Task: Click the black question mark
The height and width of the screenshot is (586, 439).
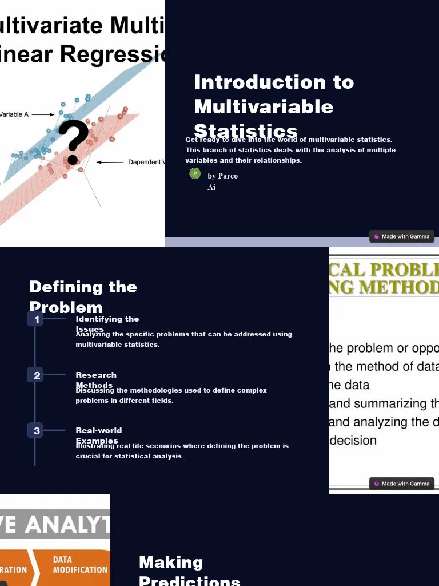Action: pyautogui.click(x=74, y=142)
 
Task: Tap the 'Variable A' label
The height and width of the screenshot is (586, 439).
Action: pyautogui.click(x=14, y=114)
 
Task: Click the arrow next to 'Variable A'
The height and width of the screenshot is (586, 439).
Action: pyautogui.click(x=43, y=114)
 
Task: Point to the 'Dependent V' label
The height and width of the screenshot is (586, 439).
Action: pyautogui.click(x=146, y=162)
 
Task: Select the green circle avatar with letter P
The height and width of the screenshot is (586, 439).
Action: pyautogui.click(x=195, y=173)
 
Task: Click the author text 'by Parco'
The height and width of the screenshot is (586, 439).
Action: pyautogui.click(x=222, y=176)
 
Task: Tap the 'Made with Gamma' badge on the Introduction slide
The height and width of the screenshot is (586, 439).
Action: pyautogui.click(x=401, y=236)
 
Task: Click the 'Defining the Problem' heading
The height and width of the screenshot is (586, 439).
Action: pyautogui.click(x=83, y=296)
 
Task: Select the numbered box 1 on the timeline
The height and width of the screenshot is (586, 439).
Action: pyautogui.click(x=37, y=319)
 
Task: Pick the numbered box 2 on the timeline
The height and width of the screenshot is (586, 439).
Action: pyautogui.click(x=37, y=375)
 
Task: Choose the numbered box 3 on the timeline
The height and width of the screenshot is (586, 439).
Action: pyautogui.click(x=37, y=431)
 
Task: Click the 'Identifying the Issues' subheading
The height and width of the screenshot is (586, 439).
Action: pyautogui.click(x=107, y=324)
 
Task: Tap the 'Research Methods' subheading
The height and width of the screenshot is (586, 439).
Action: pyautogui.click(x=96, y=380)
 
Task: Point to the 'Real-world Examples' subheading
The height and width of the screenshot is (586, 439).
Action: pyautogui.click(x=98, y=435)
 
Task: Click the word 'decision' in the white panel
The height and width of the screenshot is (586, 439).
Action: pyautogui.click(x=353, y=441)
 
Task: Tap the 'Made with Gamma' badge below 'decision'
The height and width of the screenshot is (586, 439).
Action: pyautogui.click(x=401, y=484)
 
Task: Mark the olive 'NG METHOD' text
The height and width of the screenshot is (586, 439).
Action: pyautogui.click(x=384, y=287)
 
